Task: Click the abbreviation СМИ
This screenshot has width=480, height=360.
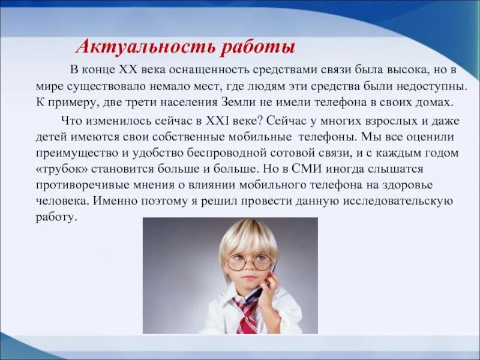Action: tap(337, 169)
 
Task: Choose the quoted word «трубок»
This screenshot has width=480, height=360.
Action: tap(59, 169)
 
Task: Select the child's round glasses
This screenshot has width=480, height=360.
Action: tap(248, 262)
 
